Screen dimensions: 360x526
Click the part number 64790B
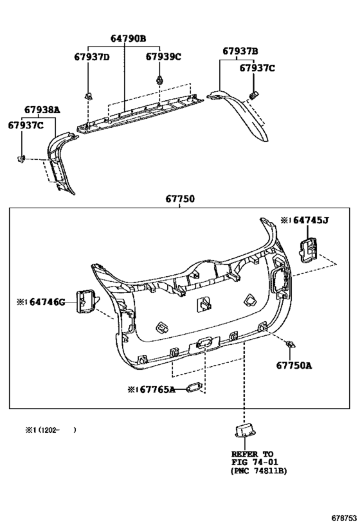[129, 39]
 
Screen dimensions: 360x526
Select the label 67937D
[92, 57]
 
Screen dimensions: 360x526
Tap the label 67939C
[163, 57]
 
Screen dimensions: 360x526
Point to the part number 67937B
[240, 51]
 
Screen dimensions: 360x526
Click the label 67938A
[42, 110]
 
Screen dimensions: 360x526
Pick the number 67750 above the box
[180, 199]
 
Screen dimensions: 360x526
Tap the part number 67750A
[294, 365]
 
